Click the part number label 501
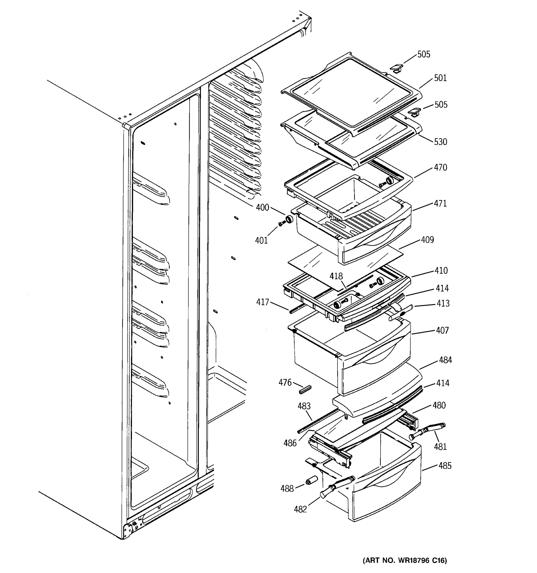coord(440,78)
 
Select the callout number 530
coord(441,142)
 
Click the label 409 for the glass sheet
coord(427,240)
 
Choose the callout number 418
coord(336,276)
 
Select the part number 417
coord(263,302)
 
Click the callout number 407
coord(442,330)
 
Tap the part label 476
coord(285,382)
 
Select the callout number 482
coord(300,509)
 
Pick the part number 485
coord(445,466)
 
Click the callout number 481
coord(440,447)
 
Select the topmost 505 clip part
coord(396,68)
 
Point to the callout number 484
coord(445,360)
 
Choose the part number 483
coord(304,406)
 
